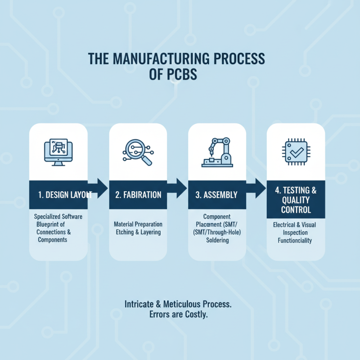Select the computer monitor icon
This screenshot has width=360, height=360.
(58, 151)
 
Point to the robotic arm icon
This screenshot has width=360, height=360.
(217, 152)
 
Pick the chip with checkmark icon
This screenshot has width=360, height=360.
(296, 152)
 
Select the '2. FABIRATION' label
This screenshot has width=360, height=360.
(138, 195)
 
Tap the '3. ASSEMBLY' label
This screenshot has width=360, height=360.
(217, 195)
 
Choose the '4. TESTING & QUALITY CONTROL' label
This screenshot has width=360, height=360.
(296, 200)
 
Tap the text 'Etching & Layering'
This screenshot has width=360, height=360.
(138, 232)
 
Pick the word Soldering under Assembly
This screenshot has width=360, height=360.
(217, 240)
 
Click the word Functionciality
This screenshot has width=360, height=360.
(296, 241)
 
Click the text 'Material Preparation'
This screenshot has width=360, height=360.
(138, 224)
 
